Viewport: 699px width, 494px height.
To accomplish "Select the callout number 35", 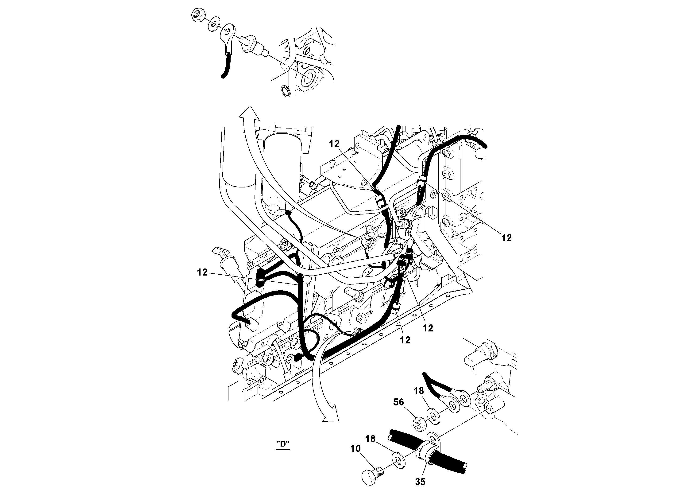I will click(x=420, y=482).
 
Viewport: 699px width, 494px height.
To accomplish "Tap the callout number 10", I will click(x=355, y=448).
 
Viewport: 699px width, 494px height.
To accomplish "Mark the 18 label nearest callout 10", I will click(x=371, y=439).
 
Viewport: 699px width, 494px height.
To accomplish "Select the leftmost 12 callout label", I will click(x=202, y=272).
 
